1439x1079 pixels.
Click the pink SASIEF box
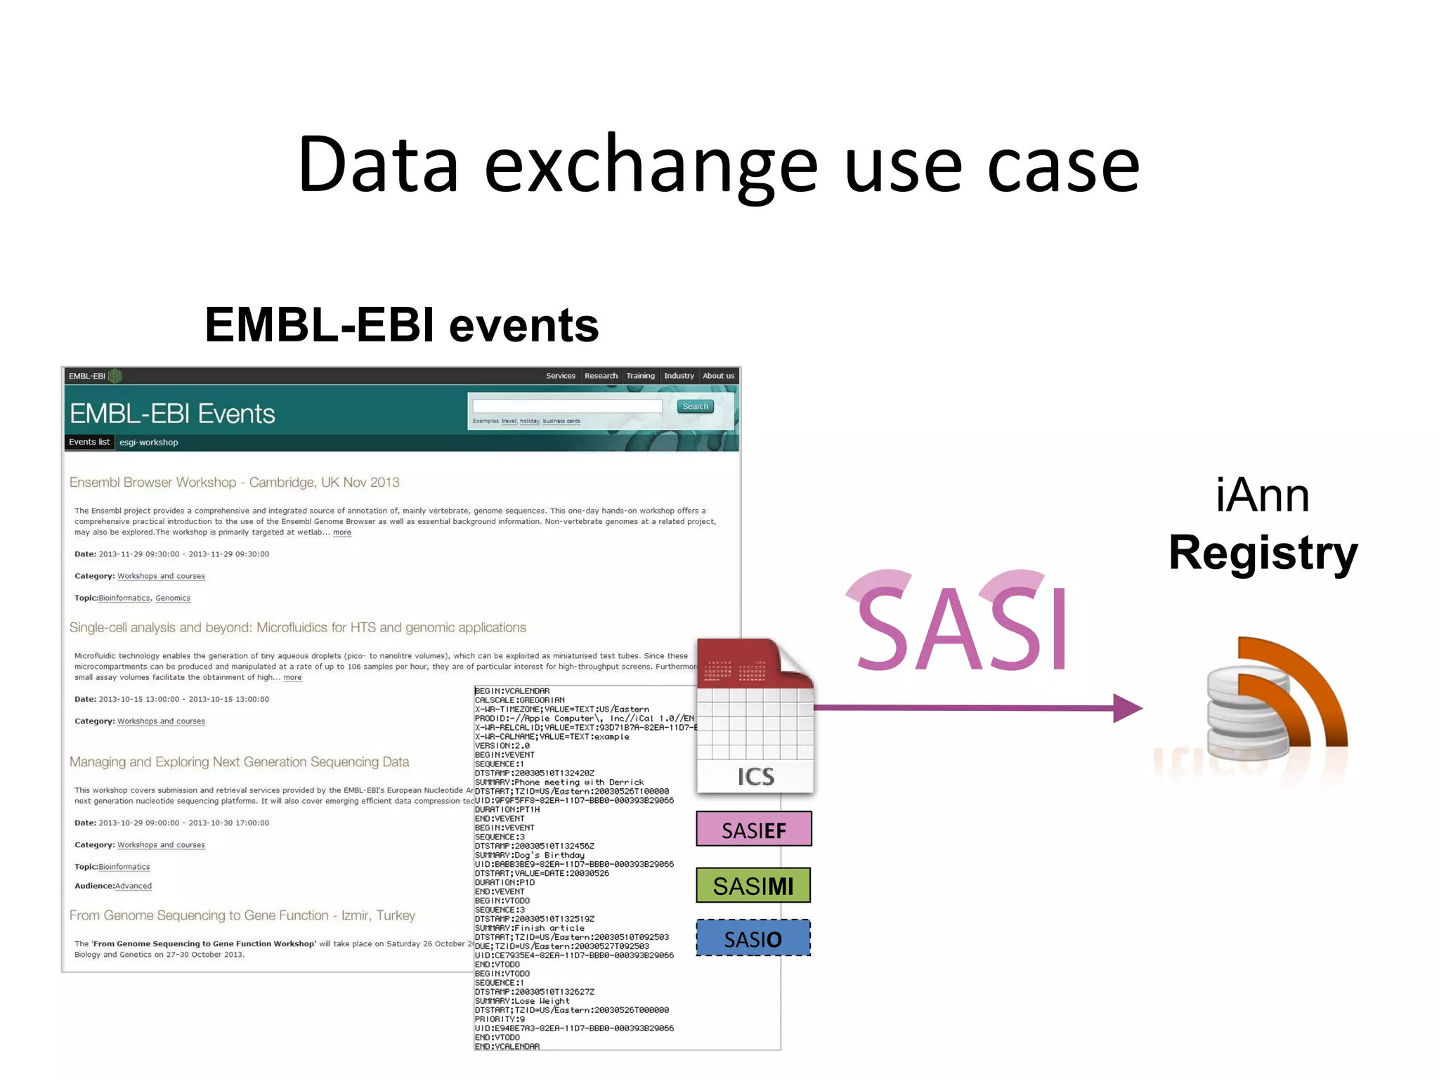[x=753, y=830]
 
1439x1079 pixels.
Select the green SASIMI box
[x=753, y=886]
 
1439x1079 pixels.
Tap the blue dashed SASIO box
[x=753, y=939]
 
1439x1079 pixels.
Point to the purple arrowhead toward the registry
[x=1127, y=708]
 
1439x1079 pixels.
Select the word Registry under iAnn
[x=1263, y=554]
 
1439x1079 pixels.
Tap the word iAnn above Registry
[x=1262, y=496]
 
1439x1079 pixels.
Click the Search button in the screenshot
[x=695, y=407]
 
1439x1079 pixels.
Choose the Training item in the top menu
[x=640, y=376]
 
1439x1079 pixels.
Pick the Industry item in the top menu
[x=679, y=376]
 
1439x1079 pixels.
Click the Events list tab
[x=89, y=442]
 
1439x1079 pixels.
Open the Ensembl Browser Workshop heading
[x=234, y=483]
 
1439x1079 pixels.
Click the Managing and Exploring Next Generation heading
[x=239, y=762]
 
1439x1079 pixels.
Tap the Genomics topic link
[x=173, y=599]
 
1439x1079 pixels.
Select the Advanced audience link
[x=134, y=887]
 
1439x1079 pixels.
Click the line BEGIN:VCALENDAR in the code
[x=512, y=691]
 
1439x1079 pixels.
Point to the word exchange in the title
[x=651, y=166]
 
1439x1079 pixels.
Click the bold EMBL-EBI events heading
[x=401, y=325]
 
